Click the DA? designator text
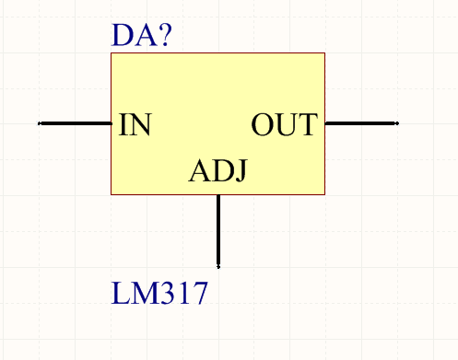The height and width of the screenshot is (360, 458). [141, 35]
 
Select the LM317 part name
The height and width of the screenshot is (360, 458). [159, 293]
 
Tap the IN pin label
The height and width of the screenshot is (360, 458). [135, 124]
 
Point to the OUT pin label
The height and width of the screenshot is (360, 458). [285, 124]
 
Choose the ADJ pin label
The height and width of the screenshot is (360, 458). [217, 170]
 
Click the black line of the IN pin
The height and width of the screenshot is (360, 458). [75, 123]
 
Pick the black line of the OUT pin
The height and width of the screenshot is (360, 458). [362, 123]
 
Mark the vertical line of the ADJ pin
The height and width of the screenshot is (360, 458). [218, 231]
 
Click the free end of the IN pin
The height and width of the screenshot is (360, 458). [39, 123]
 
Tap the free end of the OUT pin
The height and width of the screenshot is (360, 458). [397, 123]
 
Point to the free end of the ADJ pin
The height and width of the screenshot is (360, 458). [218, 267]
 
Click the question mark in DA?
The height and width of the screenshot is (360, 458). [165, 35]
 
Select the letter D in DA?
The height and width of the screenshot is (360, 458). [122, 35]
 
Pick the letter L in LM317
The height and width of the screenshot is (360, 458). [120, 293]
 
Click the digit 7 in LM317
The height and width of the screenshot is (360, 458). [200, 294]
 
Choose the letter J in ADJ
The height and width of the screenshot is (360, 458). [241, 171]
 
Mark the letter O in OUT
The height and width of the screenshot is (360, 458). [263, 124]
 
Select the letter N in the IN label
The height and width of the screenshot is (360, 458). [141, 124]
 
